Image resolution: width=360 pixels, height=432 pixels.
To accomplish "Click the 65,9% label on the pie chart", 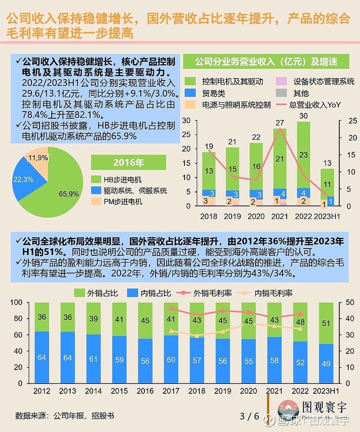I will pos(69,194).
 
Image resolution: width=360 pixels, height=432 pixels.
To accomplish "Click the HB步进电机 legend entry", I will pos(122,179).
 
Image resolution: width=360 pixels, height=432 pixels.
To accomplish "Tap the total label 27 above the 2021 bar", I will pos(280,123).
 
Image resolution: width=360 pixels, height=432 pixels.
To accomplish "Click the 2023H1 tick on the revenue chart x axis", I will pos(327,216).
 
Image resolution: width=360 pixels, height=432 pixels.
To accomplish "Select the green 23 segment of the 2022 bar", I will pos(304,155).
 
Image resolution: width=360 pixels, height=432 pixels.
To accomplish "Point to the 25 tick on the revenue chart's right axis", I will pos(342,120).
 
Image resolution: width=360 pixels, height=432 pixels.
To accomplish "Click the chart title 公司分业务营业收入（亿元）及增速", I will pos(266,61).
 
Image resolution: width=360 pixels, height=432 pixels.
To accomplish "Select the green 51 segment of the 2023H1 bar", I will pos(326,323).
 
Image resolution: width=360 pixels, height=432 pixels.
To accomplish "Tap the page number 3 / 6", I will pos(249,416).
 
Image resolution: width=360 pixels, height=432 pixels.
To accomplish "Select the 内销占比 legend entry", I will pos(150,293).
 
